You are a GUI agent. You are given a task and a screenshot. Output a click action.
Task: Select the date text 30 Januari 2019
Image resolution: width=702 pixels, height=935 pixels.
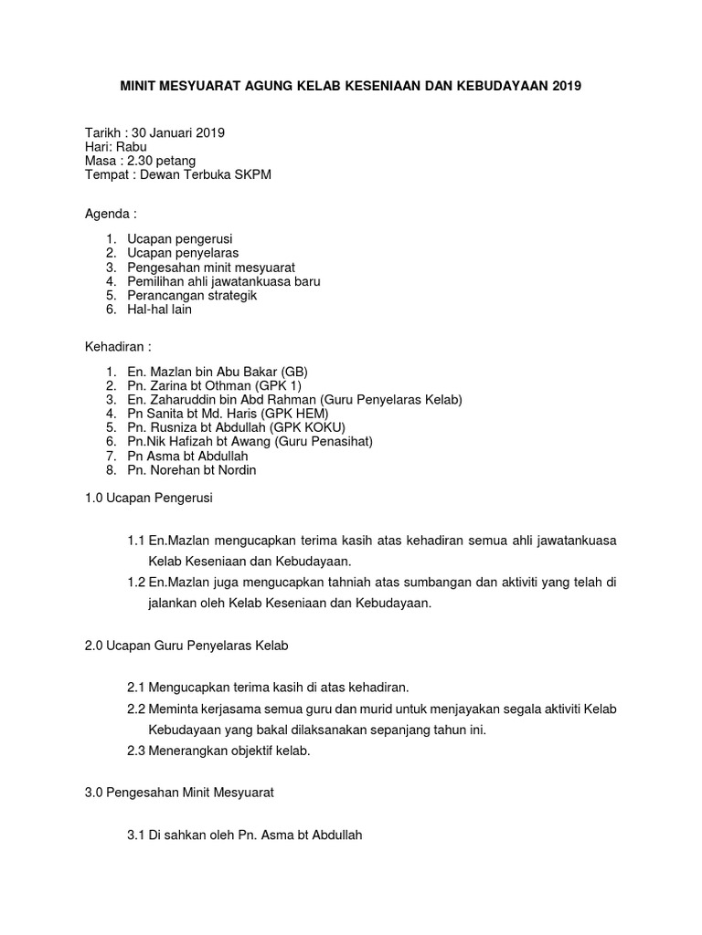pos(178,132)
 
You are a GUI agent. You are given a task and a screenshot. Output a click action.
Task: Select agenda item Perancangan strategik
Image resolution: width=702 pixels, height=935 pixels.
pos(192,295)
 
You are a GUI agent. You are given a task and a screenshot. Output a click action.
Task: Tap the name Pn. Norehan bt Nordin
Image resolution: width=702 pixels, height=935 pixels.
pos(192,470)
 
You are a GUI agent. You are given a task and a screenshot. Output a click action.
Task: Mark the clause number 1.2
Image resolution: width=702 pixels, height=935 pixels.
pos(137,583)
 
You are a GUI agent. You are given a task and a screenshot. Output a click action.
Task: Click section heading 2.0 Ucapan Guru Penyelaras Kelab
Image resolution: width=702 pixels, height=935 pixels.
pos(186,646)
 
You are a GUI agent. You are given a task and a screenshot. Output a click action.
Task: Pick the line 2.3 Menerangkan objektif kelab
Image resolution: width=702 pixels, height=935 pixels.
pos(219,751)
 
